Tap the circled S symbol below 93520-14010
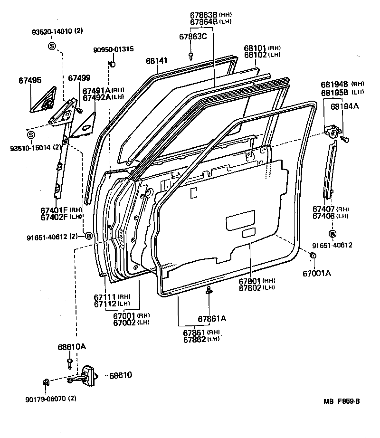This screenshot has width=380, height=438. click(52, 46)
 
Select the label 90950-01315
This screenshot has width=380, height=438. click(113, 49)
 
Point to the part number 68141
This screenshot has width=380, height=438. click(157, 61)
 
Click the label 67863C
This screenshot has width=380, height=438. click(193, 37)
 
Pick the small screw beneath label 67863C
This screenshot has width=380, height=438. click(191, 56)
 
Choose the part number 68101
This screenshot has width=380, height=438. click(255, 48)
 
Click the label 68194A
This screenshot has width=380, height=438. click(345, 106)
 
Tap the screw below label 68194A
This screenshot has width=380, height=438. click(345, 139)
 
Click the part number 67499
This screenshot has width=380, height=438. click(78, 78)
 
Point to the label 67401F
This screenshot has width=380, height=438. click(54, 209)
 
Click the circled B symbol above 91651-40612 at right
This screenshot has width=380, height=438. click(332, 234)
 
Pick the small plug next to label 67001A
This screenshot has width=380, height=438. click(313, 257)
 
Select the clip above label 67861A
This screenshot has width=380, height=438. click(209, 291)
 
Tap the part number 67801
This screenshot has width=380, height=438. click(250, 281)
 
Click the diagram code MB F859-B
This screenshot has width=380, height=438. click(342, 401)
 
